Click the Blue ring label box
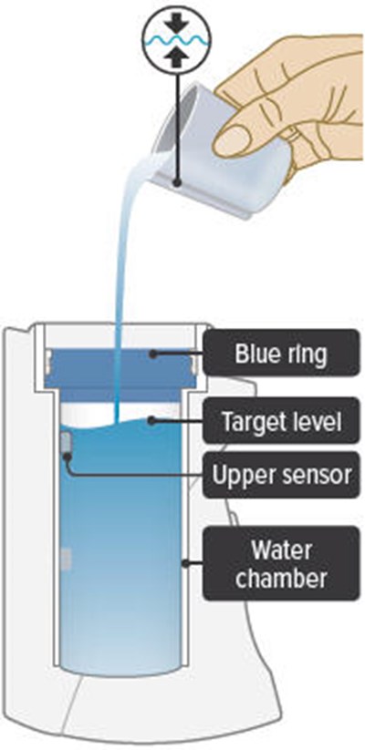pos(281,353)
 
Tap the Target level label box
pos(281,420)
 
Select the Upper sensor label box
pos(281,475)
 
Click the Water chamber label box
pos(281,563)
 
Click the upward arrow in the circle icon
pos(177,59)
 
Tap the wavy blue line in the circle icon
pos(177,41)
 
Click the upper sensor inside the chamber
pos(67,443)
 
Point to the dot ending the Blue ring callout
pos(152,354)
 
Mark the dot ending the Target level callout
pos(151,421)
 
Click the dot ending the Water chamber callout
pos(185,563)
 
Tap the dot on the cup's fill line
pos(177,182)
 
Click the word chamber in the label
pos(281,579)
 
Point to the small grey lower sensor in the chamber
pos(67,559)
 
